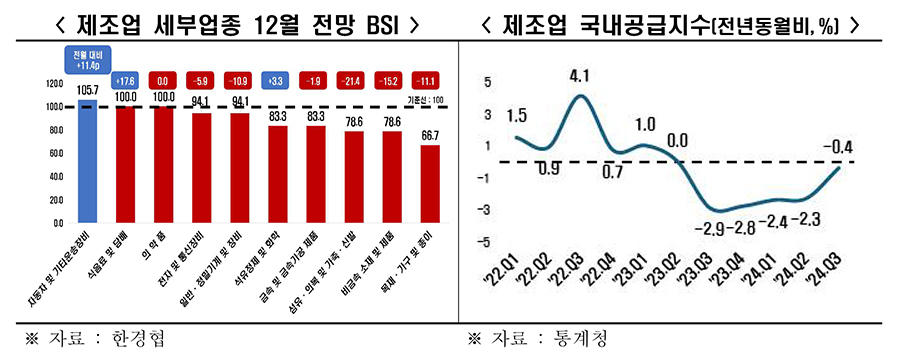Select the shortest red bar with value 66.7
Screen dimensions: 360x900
point(429,183)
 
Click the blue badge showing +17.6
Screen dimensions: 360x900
point(125,80)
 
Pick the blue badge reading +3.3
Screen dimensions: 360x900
point(277,80)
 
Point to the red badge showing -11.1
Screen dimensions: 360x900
point(429,80)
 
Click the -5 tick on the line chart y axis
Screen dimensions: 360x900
point(487,241)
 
